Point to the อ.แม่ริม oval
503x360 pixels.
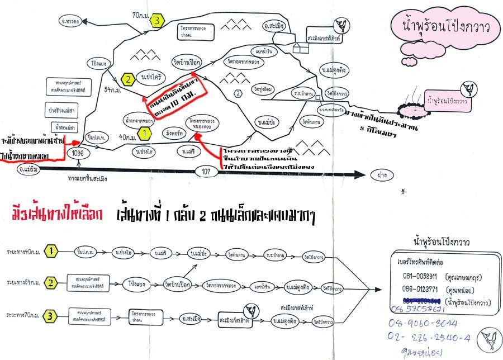click(29, 170)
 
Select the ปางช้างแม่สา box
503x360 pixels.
click(60, 110)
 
